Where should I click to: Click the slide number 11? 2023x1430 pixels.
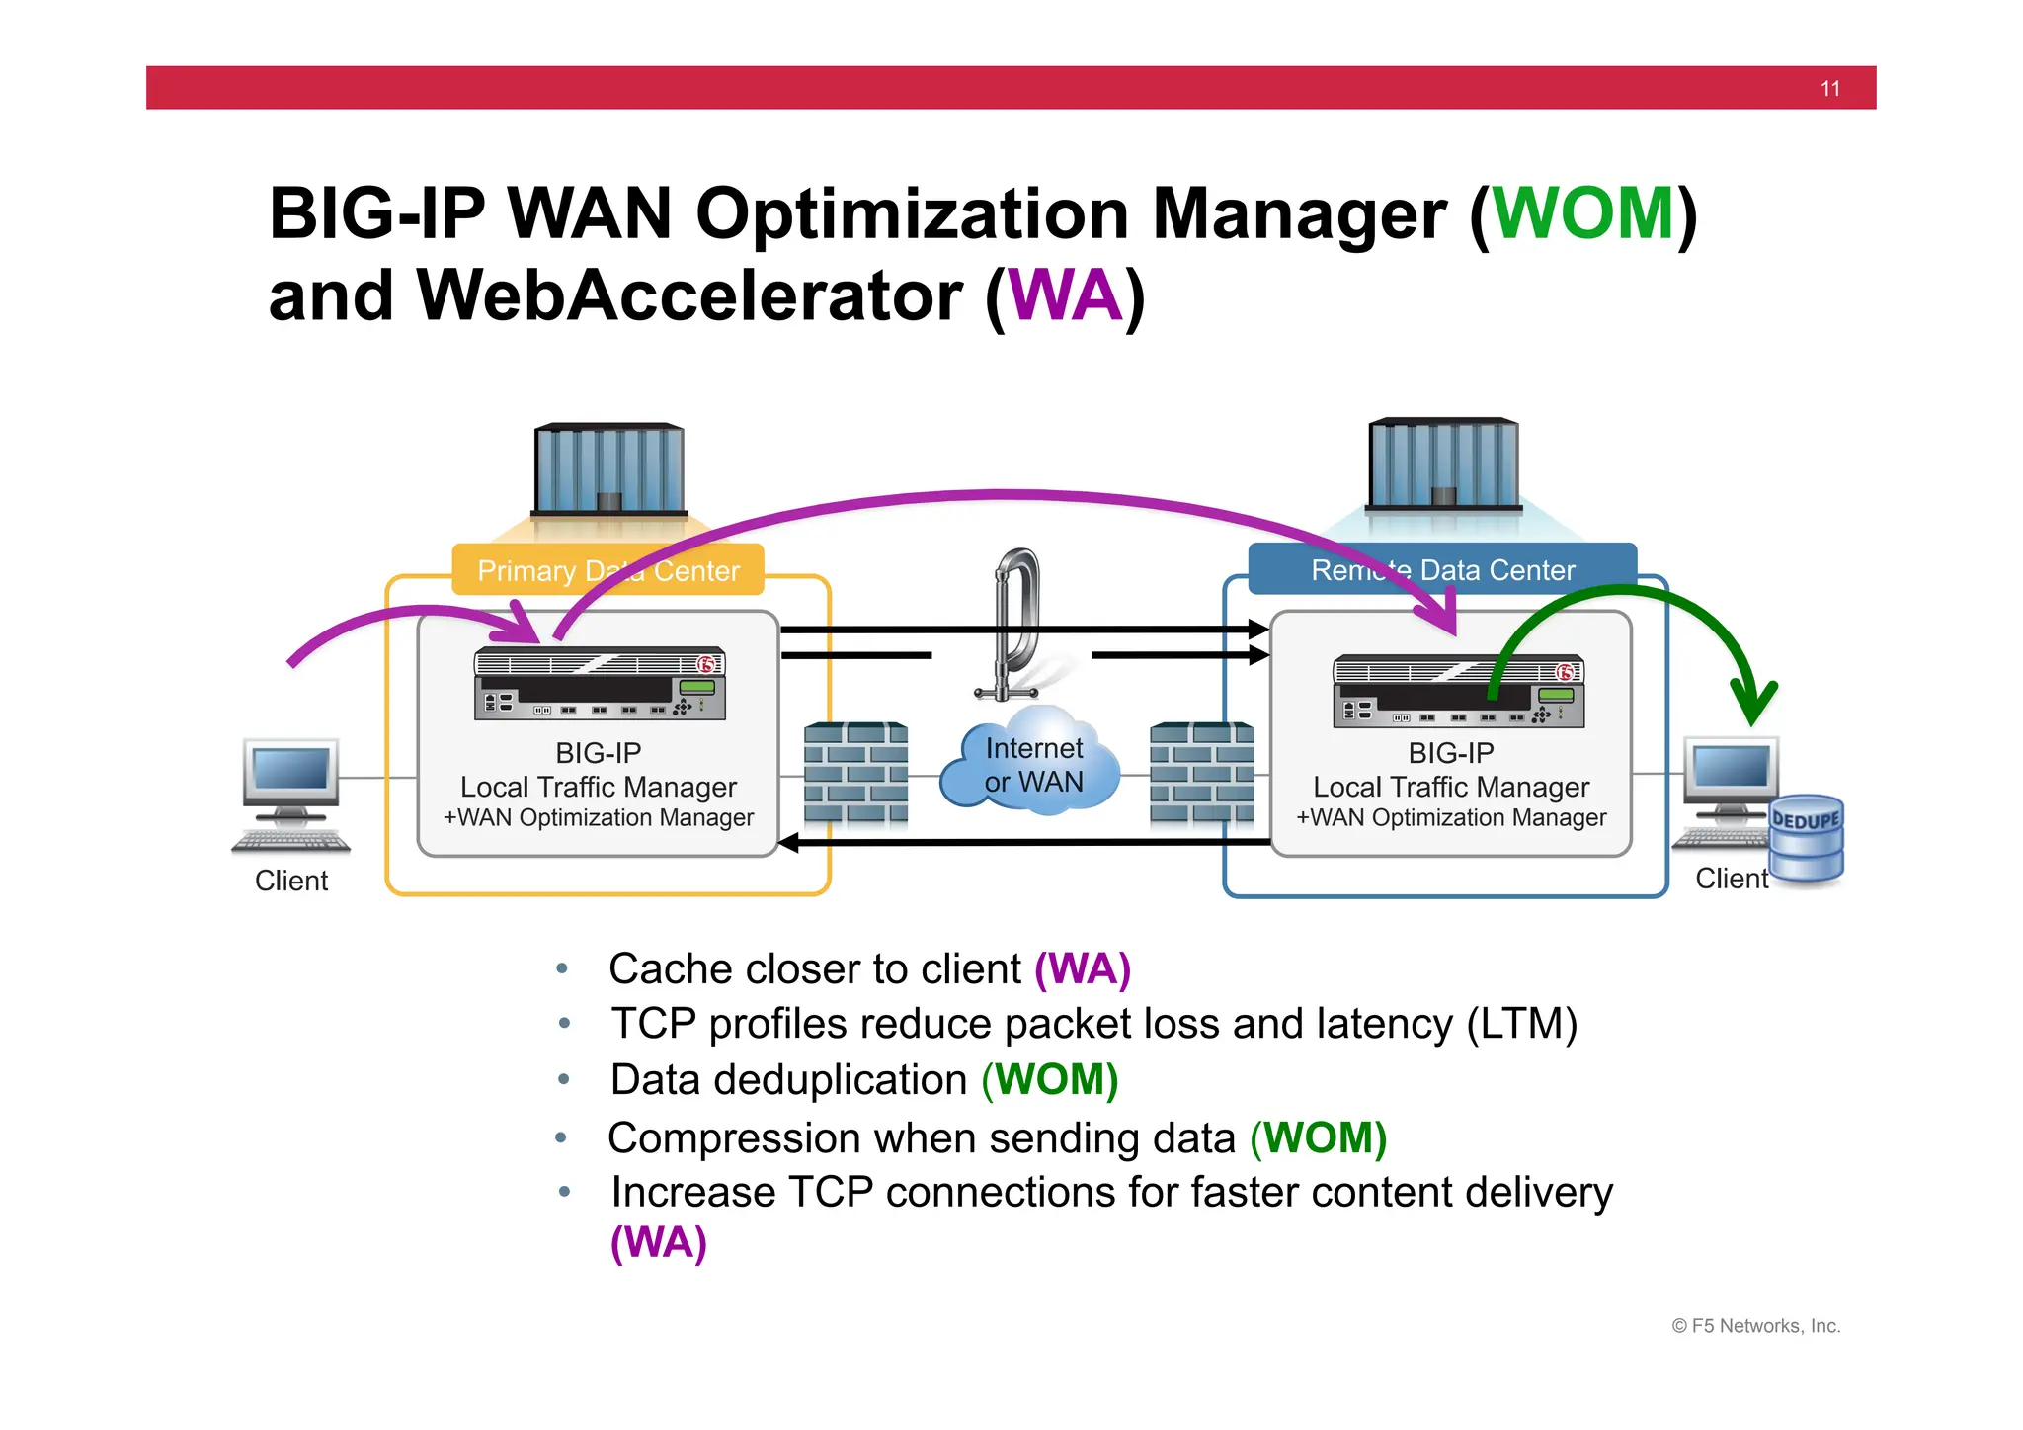pos(1829,89)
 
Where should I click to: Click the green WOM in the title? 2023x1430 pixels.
pos(1582,213)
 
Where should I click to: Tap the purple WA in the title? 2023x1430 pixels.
pos(1065,295)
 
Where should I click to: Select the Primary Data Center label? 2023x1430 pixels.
pos(607,570)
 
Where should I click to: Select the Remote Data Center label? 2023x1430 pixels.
pos(1442,570)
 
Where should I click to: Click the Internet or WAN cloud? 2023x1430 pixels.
pos(1032,766)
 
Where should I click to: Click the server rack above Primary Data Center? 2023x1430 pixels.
pos(609,469)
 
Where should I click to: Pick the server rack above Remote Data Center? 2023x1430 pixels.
pos(1443,464)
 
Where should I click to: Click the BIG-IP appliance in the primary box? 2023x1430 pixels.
pos(600,684)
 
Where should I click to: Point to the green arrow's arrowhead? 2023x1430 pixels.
pos(1754,706)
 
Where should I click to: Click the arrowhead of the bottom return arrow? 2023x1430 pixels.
pos(788,843)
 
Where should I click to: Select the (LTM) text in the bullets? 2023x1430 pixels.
pos(1521,1024)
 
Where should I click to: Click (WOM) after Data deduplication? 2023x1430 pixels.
pos(1049,1080)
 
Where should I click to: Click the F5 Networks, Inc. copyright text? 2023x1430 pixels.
pos(1756,1326)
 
